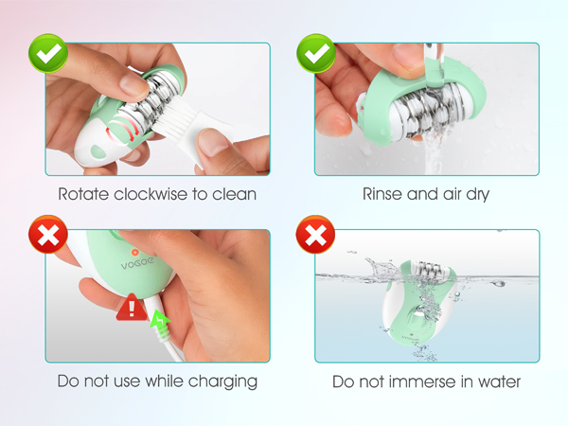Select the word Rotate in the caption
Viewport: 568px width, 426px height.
tap(82, 195)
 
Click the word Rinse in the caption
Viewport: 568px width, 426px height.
tap(384, 195)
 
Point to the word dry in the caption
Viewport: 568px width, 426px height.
tap(476, 195)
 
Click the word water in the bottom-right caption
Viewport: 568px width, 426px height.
tap(498, 382)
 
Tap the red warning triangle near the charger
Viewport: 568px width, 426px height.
tap(129, 309)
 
